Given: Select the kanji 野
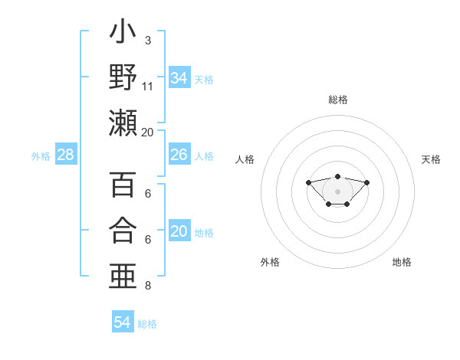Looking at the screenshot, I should click(123, 77).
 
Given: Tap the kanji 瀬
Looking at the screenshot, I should click(123, 123).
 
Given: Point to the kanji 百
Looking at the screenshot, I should click(123, 185).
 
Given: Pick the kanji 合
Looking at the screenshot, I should click(123, 230).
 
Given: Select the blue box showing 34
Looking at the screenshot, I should click(179, 78).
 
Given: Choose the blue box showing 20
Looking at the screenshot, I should click(179, 232).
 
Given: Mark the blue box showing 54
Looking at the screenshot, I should click(123, 322).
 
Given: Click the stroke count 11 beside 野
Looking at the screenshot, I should click(148, 86).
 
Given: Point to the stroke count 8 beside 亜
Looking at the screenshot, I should click(147, 286).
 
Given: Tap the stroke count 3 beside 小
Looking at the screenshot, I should click(147, 40).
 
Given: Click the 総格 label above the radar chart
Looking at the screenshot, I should click(338, 100).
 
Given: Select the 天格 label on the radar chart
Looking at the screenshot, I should click(431, 159).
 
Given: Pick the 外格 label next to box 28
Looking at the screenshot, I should click(41, 156).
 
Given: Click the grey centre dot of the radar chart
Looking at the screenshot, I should click(338, 191).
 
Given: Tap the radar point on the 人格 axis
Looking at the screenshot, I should click(308, 182).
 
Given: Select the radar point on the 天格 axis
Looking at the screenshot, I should click(366, 182).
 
